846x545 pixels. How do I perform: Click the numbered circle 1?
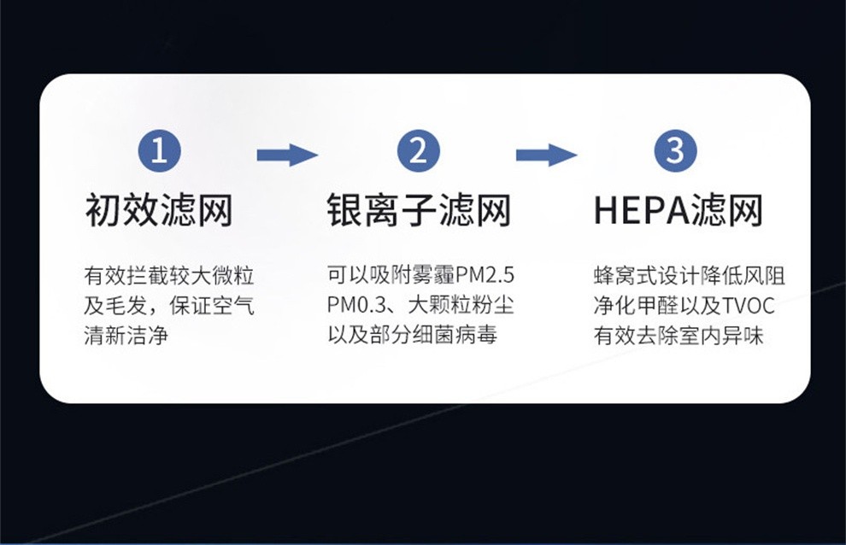coord(159,151)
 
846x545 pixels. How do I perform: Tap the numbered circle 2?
coord(418,151)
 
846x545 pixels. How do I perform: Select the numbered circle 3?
coord(676,151)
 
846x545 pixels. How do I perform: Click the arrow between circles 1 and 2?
coord(287,155)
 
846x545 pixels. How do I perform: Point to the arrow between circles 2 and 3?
coord(546,155)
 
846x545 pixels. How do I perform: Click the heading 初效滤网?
coord(159,209)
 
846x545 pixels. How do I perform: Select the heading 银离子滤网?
coord(419,209)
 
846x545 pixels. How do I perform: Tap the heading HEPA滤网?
coord(678,209)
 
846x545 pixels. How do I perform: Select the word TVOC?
coord(749,305)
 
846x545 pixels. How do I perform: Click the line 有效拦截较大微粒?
coord(169,276)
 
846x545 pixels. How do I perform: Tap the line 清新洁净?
coord(126,334)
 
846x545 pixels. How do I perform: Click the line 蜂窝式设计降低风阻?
coord(689,276)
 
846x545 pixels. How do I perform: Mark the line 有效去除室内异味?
coord(678,334)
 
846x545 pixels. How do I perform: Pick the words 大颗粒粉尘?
coord(461,305)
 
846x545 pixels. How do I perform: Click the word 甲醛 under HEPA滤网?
coord(659,305)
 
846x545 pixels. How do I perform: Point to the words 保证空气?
coord(212,305)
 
